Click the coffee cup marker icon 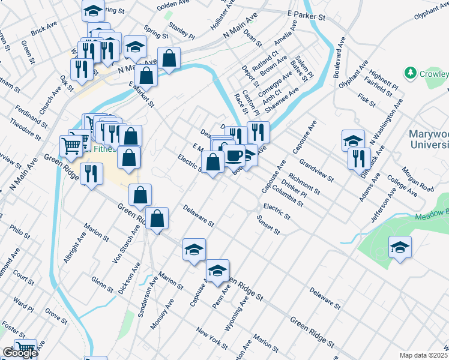(235, 155)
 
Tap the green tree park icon (411, 73)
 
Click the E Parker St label (306, 15)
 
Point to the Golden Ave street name (173, 6)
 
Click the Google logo (19, 353)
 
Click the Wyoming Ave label (244, 312)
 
